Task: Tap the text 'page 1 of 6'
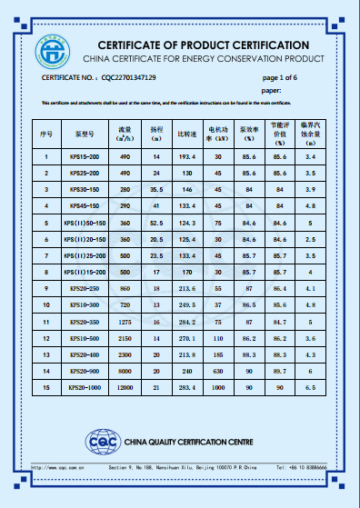click(280, 78)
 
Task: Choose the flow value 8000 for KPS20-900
click(126, 370)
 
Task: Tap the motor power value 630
click(218, 370)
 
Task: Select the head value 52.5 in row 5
click(156, 222)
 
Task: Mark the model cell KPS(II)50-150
click(85, 222)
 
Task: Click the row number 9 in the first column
click(46, 288)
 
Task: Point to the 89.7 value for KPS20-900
click(280, 370)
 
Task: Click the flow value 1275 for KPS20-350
click(126, 321)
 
